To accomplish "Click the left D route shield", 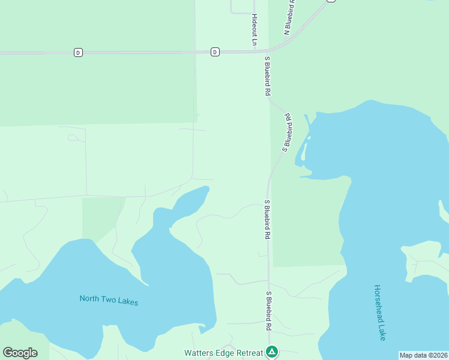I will coord(78,53).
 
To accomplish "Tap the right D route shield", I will coord(215,53).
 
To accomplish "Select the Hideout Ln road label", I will coord(255,30).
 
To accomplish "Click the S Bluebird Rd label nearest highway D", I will coord(268,76).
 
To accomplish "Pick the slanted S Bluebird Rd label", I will coord(287,133).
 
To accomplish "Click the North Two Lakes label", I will coord(109,300).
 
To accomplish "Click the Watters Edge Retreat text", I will coord(223,352).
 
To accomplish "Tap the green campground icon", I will coord(272,352).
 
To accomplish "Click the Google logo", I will coord(20,353).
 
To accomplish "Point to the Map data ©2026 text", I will coord(423,355).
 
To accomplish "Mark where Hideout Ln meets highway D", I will coord(253,52).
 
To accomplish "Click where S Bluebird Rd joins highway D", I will coord(268,52).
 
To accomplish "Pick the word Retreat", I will coord(250,352).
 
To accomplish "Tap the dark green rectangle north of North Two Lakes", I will coord(102,219).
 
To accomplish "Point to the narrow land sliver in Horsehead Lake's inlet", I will coord(304,150).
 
